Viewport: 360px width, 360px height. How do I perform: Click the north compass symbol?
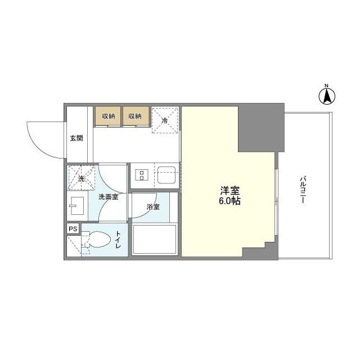click(326, 95)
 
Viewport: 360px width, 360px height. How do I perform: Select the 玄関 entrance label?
click(76, 138)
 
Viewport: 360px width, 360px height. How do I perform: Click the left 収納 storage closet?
click(109, 116)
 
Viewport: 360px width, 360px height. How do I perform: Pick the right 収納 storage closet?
click(135, 116)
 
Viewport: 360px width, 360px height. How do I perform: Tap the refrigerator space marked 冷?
click(165, 120)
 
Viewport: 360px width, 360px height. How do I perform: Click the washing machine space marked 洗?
click(80, 179)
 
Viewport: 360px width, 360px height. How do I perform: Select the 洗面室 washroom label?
click(107, 197)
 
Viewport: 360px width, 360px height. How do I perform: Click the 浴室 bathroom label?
click(153, 207)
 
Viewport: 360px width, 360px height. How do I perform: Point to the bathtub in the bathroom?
click(155, 240)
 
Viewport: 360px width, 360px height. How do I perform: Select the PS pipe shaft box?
click(73, 229)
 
